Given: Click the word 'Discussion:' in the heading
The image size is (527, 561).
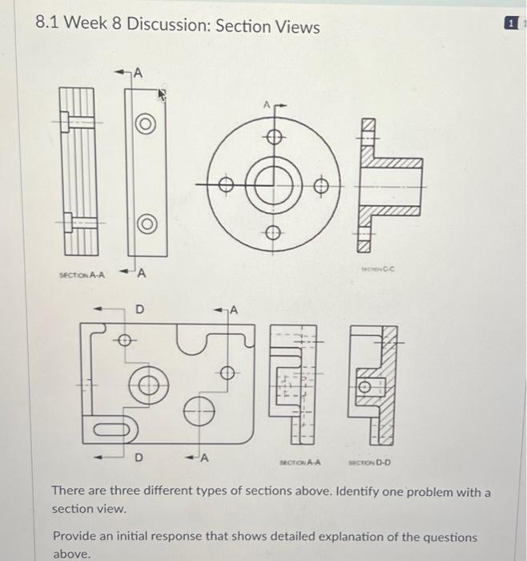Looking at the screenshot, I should point(171,26).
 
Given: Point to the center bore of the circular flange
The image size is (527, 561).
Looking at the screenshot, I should point(273,184).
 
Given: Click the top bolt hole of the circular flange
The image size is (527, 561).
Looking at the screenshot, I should point(273,137).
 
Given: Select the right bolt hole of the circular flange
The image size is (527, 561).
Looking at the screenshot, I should point(320,186).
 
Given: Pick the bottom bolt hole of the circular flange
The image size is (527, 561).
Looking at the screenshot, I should point(273,232).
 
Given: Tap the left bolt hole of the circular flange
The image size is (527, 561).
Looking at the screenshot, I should point(227,185).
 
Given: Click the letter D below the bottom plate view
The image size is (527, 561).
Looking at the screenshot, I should point(136,458).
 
